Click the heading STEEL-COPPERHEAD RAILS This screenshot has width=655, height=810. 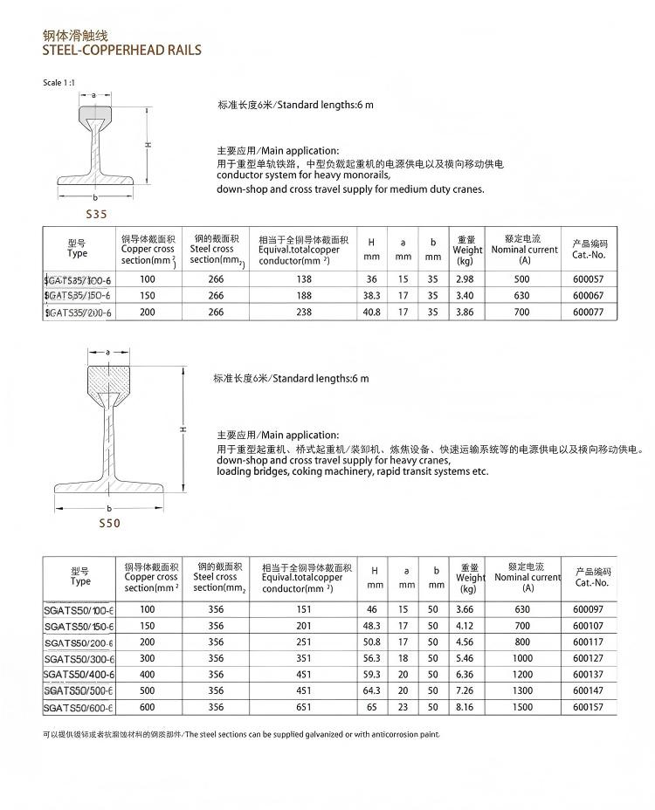pyautogui.click(x=121, y=51)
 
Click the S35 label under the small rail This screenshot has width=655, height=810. pyautogui.click(x=95, y=212)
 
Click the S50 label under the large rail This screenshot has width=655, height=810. pyautogui.click(x=109, y=524)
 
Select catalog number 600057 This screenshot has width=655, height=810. pyautogui.click(x=588, y=279)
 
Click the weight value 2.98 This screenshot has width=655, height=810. pyautogui.click(x=465, y=279)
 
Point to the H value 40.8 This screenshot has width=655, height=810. pyautogui.click(x=372, y=312)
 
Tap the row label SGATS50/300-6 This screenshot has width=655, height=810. pyautogui.click(x=79, y=658)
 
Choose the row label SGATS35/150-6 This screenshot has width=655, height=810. pyautogui.click(x=78, y=296)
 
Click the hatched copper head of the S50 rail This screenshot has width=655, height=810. pyautogui.click(x=108, y=381)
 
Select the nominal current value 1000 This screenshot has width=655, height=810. pyautogui.click(x=522, y=658)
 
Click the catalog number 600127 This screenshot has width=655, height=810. pyautogui.click(x=589, y=658)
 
